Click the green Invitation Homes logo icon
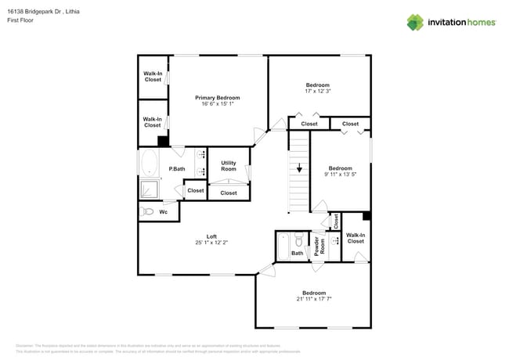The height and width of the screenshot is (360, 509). click(x=415, y=22)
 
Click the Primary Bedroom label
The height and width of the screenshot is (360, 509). click(x=217, y=98)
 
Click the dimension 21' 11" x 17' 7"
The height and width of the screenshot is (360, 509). click(x=314, y=299)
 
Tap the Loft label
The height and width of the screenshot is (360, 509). click(x=211, y=236)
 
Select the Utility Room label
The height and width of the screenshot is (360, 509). click(x=229, y=166)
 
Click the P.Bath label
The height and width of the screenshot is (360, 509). click(x=177, y=169)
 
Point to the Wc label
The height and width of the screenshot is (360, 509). click(x=164, y=211)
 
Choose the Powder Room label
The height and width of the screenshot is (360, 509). click(x=318, y=246)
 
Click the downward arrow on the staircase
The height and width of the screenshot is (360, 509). click(x=299, y=167)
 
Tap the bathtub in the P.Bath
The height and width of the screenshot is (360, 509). click(x=149, y=164)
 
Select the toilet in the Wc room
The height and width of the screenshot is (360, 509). click(x=147, y=211)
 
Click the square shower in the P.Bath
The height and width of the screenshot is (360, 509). click(x=150, y=189)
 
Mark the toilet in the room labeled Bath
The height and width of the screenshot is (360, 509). click(x=298, y=241)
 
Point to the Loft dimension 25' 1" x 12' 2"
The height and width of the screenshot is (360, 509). click(x=211, y=243)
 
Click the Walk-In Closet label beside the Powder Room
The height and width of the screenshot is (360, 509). click(x=356, y=238)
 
